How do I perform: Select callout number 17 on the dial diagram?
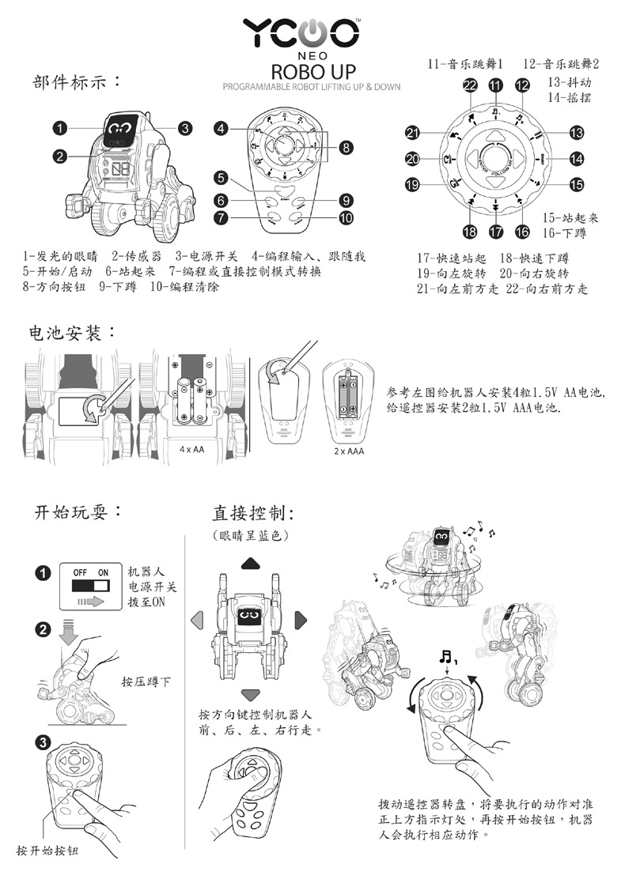(495, 232)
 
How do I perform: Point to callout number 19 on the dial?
(412, 186)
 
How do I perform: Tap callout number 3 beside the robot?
(184, 127)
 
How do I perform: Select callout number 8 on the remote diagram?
(346, 147)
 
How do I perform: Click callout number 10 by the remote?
(346, 217)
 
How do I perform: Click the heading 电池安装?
(69, 333)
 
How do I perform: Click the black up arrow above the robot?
(251, 564)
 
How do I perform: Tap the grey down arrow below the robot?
(251, 694)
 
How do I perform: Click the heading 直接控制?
(252, 513)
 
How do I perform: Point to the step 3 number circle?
(44, 742)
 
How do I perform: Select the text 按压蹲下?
(146, 681)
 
